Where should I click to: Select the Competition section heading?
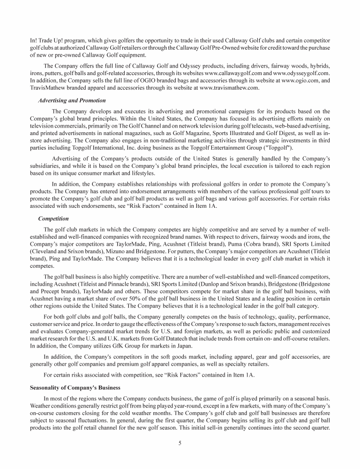pyautogui.click(x=53, y=219)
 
